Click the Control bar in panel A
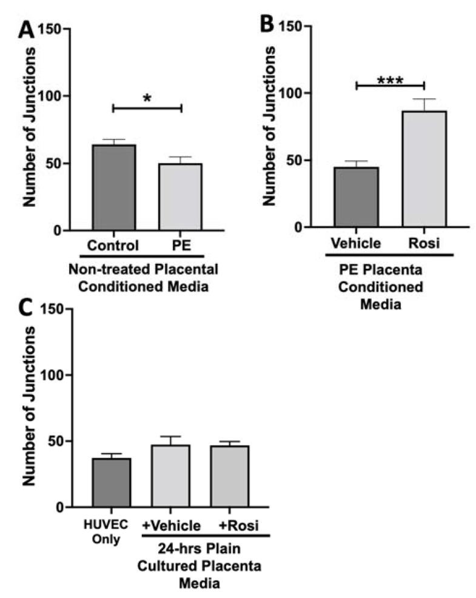pos(114,187)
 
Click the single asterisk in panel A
pos(147,98)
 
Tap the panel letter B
pos(270,25)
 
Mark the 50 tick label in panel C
pos(52,441)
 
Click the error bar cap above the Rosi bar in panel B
pos(424,99)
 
